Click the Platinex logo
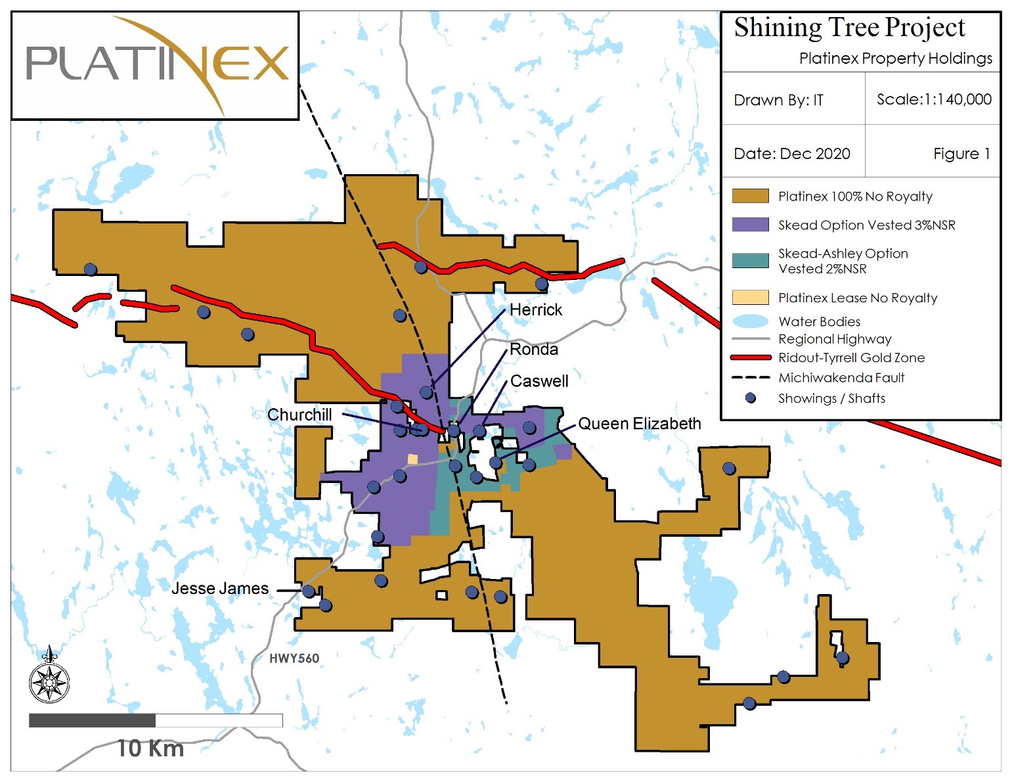point(156,64)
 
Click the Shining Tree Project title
point(849,28)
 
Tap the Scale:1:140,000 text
point(933,99)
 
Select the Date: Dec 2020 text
point(791,154)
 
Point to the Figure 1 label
point(961,154)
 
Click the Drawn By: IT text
point(778,100)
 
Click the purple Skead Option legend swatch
point(750,225)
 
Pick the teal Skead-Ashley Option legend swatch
point(750,261)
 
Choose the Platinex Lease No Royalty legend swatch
point(750,298)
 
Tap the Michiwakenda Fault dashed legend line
point(750,378)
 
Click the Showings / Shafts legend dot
point(751,398)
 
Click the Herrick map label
point(536,310)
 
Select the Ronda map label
point(534,350)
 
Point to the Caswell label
point(539,381)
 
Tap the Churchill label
point(299,415)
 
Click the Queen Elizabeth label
point(639,424)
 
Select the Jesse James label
point(220,588)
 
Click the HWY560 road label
point(294,658)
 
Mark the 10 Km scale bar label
point(150,748)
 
